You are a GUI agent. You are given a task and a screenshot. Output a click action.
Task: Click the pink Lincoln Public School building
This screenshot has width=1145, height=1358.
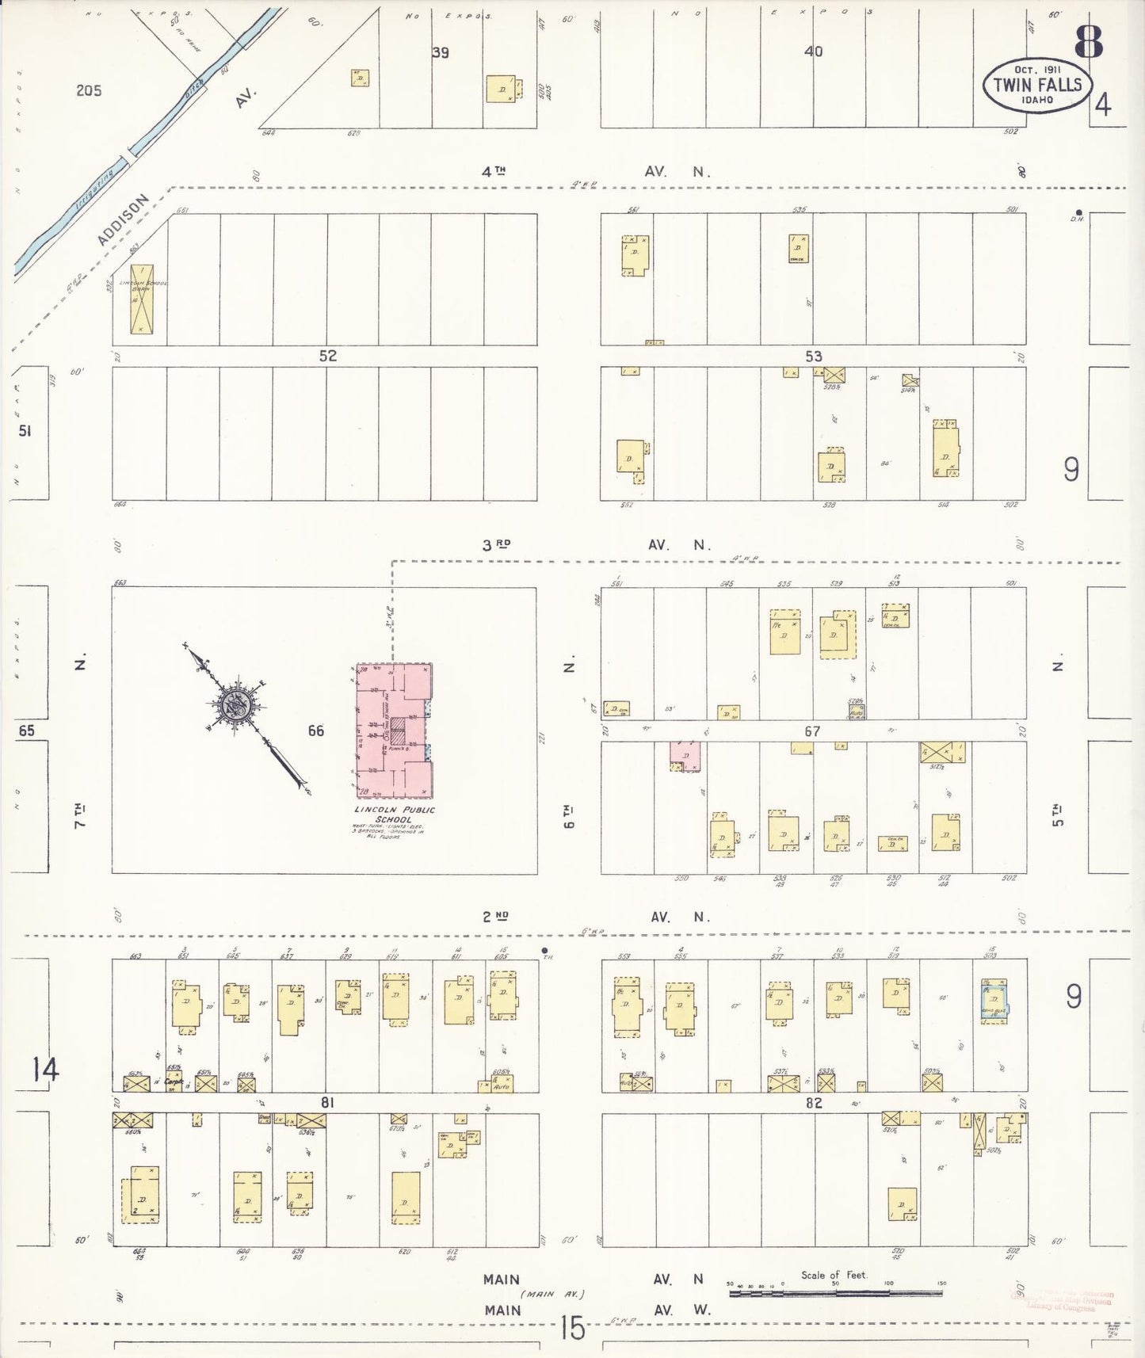(393, 730)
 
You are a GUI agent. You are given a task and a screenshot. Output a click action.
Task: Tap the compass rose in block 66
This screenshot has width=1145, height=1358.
(236, 704)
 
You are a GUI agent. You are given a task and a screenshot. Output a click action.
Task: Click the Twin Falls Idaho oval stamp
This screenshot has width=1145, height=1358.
(1037, 85)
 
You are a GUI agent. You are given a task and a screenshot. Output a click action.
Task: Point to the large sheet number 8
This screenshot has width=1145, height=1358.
(1089, 42)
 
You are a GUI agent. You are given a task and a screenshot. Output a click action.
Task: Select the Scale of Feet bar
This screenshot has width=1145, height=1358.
(835, 1292)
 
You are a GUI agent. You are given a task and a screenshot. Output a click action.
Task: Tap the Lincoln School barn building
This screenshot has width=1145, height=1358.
(142, 299)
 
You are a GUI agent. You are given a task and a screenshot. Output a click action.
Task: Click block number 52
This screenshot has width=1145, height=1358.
(328, 356)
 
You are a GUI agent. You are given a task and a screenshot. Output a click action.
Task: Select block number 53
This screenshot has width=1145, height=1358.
(814, 357)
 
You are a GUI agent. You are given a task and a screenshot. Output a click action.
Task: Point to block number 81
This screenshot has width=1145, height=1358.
(328, 1102)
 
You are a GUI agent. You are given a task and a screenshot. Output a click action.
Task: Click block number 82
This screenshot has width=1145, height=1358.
(814, 1102)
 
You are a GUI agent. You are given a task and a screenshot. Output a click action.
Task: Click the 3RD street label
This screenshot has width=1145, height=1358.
(497, 544)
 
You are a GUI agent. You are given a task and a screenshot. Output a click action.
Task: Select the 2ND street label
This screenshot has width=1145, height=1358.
(496, 917)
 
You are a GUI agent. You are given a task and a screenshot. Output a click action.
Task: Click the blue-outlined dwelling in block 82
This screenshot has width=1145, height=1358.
(994, 1001)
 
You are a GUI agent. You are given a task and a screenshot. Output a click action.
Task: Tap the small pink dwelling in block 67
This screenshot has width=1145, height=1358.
(685, 755)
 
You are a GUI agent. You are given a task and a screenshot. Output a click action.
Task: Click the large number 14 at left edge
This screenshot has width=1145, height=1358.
(45, 1070)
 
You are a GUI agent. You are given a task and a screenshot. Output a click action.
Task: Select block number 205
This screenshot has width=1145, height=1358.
(89, 90)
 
